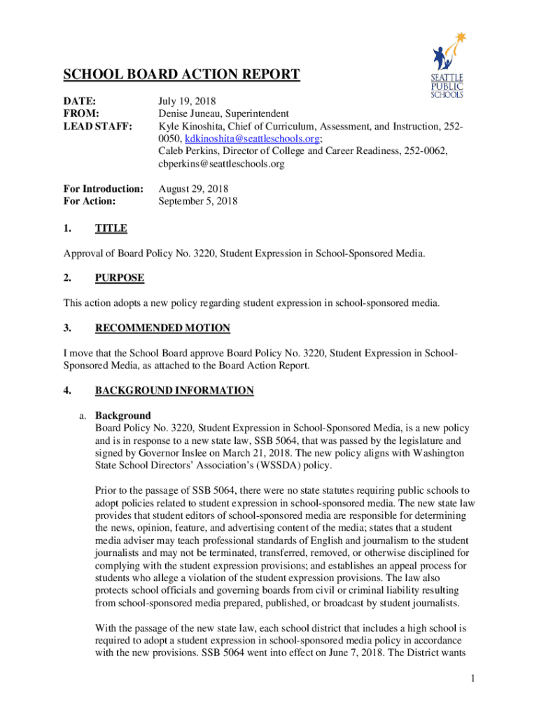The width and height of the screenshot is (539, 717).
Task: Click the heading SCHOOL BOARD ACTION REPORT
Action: click(182, 75)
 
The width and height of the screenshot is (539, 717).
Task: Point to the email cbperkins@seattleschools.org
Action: click(221, 164)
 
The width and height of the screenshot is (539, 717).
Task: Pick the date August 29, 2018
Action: click(193, 189)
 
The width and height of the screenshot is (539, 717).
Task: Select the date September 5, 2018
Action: click(198, 202)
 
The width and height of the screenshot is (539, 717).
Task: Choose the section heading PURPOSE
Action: click(120, 278)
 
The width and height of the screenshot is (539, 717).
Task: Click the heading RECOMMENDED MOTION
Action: click(162, 328)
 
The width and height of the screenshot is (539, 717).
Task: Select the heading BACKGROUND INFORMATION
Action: click(174, 390)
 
